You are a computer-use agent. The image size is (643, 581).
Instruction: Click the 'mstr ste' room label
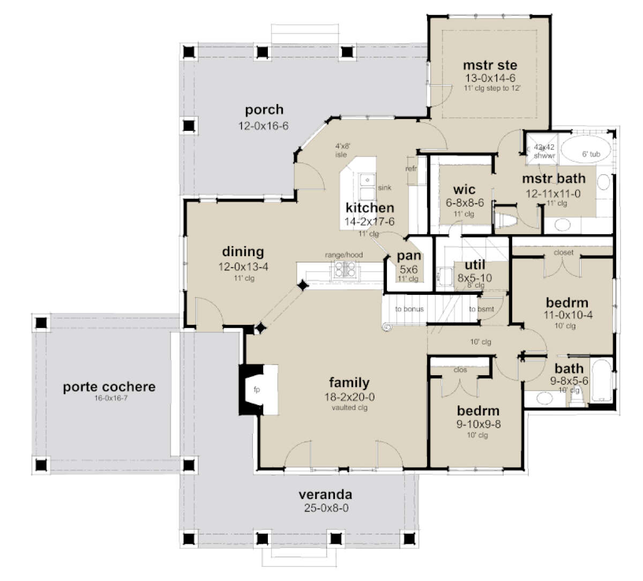[490, 65]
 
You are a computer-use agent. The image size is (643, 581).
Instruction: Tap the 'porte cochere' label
[109, 386]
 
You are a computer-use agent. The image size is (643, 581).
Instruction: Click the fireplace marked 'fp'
[257, 390]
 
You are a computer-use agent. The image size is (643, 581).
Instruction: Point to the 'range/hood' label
[343, 255]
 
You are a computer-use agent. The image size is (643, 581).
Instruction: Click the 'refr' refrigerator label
[412, 168]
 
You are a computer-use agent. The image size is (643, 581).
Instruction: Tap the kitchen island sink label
[384, 188]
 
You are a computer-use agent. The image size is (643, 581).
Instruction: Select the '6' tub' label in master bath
[591, 154]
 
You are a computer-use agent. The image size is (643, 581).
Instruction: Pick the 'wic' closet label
[464, 190]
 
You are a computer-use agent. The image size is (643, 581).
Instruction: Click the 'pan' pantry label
[409, 256]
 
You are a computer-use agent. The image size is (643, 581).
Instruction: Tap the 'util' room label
[475, 265]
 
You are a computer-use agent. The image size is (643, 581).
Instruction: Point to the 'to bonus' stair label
[409, 309]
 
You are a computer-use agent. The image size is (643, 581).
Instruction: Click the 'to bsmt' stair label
[481, 309]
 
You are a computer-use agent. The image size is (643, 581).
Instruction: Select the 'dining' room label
[243, 251]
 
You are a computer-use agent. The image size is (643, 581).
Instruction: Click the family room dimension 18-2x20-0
[349, 397]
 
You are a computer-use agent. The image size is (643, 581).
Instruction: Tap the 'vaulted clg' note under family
[349, 407]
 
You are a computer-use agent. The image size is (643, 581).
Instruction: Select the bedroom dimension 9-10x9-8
[478, 425]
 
